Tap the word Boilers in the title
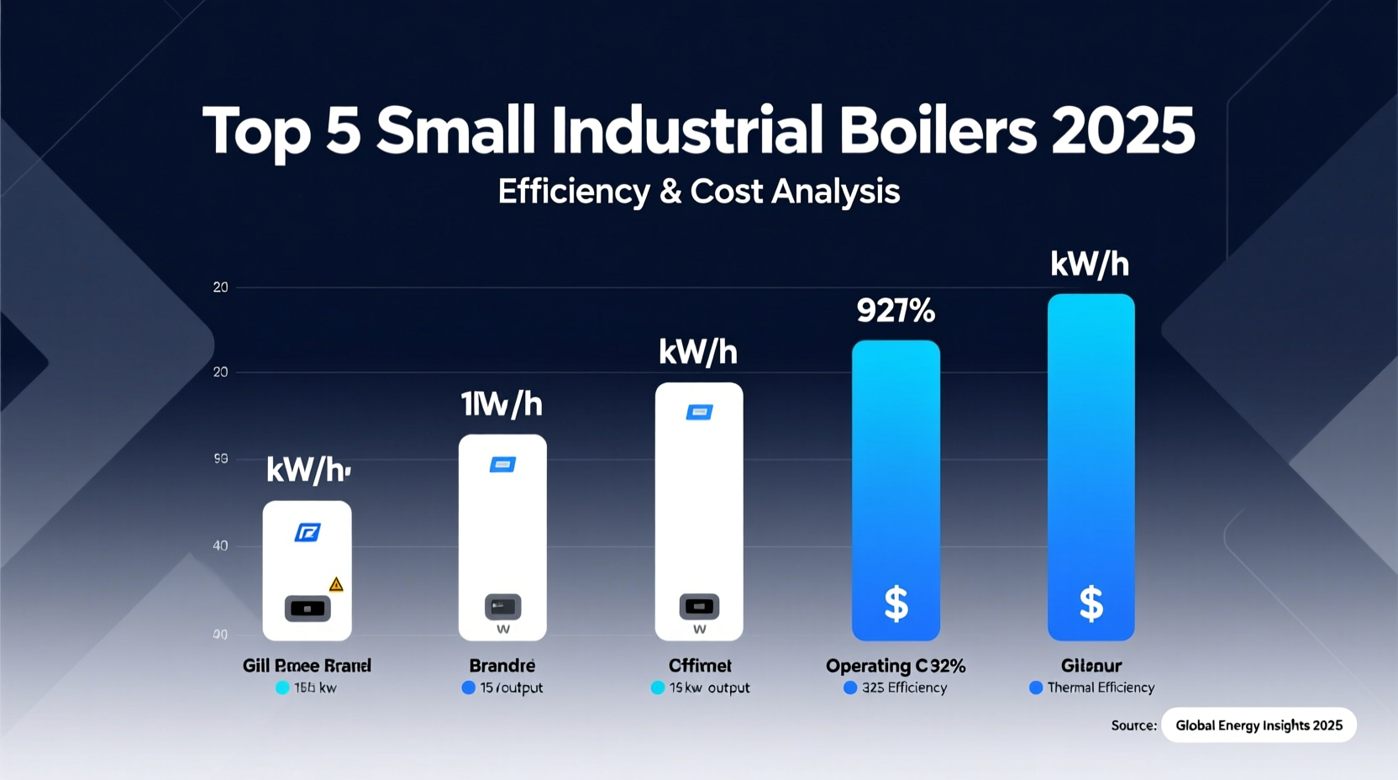point(937,132)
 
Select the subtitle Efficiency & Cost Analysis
point(698,192)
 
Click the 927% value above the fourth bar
point(896,312)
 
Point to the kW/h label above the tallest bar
point(1090,265)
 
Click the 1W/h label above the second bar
point(502,405)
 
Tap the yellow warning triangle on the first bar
point(336,584)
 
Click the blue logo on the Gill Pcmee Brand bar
point(307,532)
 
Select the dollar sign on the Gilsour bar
point(1091,603)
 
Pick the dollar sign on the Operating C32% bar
point(896,603)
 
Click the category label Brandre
point(502,666)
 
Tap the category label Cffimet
point(700,666)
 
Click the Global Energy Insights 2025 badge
point(1259,725)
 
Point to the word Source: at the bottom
point(1133,725)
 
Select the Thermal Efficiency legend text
point(1101,688)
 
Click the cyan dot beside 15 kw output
point(658,688)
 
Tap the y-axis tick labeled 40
point(220,545)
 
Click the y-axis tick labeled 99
point(220,459)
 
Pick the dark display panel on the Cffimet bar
point(699,606)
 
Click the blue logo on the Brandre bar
point(502,465)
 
